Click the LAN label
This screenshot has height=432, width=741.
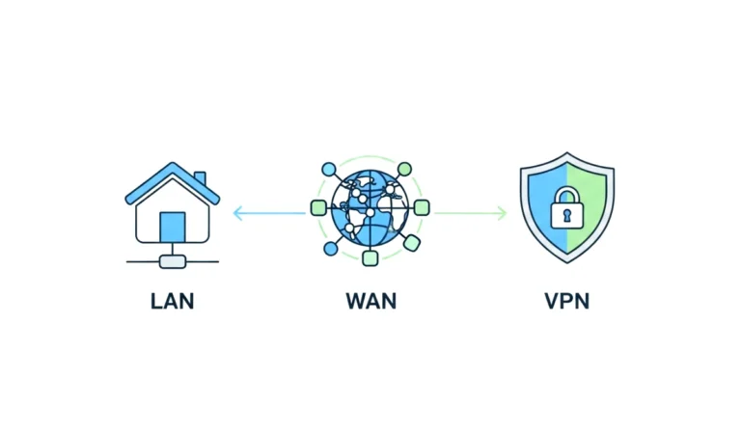click(x=172, y=301)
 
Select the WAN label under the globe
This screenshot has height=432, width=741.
click(x=370, y=301)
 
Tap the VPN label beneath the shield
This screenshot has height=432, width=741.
click(x=566, y=301)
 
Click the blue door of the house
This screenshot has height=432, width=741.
click(x=172, y=227)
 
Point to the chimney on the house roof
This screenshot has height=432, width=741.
click(x=200, y=180)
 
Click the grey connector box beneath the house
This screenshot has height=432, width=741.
click(x=172, y=260)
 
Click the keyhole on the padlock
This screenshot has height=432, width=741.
click(x=566, y=214)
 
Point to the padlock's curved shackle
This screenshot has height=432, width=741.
click(x=566, y=192)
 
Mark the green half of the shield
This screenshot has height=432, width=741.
click(x=591, y=207)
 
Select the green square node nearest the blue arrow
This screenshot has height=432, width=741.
click(x=317, y=207)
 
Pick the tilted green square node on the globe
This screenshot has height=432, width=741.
click(x=411, y=242)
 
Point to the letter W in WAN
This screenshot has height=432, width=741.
click(x=353, y=301)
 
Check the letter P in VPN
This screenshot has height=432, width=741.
click(x=566, y=301)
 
